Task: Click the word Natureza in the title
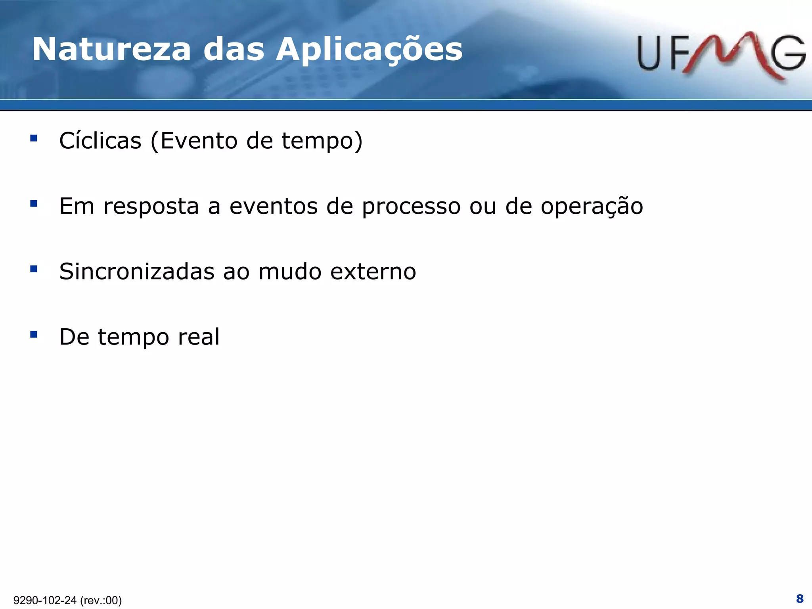[x=112, y=50]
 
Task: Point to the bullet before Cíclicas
[x=34, y=138]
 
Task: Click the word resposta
[x=151, y=207]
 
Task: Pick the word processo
[x=411, y=207]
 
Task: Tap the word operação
[x=592, y=207]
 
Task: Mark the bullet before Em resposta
[x=34, y=204]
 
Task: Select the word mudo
[x=290, y=272]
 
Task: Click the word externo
[x=373, y=272]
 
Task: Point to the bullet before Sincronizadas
[x=34, y=269]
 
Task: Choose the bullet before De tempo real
[x=34, y=335]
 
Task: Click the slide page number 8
[x=800, y=598]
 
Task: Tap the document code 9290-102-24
[x=45, y=600]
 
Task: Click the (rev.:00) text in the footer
[x=101, y=600]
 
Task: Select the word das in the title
[x=234, y=50]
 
